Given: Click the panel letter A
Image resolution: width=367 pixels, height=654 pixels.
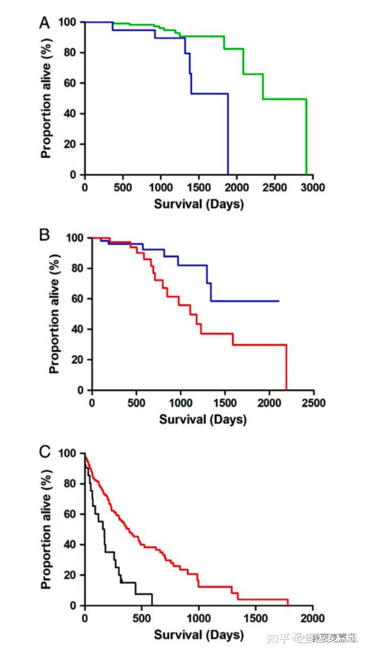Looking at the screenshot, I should pyautogui.click(x=44, y=23).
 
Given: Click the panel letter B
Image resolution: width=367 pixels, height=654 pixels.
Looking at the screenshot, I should pyautogui.click(x=44, y=234).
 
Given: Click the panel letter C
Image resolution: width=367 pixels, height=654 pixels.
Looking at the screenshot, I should pyautogui.click(x=44, y=451).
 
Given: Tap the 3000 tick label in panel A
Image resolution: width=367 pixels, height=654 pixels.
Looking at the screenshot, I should pyautogui.click(x=312, y=187).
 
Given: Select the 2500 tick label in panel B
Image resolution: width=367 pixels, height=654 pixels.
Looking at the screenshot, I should pyautogui.click(x=314, y=403).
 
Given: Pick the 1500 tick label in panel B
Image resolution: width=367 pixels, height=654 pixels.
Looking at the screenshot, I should pyautogui.click(x=225, y=403).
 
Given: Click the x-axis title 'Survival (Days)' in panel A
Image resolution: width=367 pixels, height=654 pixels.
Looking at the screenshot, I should pyautogui.click(x=199, y=203).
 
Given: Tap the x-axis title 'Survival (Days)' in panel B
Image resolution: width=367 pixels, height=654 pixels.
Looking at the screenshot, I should pyautogui.click(x=203, y=419).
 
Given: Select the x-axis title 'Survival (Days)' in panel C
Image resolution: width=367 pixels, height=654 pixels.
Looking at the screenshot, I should pyautogui.click(x=199, y=634).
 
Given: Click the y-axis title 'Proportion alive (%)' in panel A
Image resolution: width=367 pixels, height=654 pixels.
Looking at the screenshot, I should pyautogui.click(x=46, y=99).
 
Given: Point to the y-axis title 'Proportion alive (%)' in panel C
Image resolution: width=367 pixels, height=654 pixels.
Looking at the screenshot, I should pyautogui.click(x=46, y=529).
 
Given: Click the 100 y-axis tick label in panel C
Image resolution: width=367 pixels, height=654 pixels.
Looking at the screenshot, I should pyautogui.click(x=68, y=454).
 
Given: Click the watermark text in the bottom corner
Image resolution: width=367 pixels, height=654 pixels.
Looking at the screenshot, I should pyautogui.click(x=311, y=638).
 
